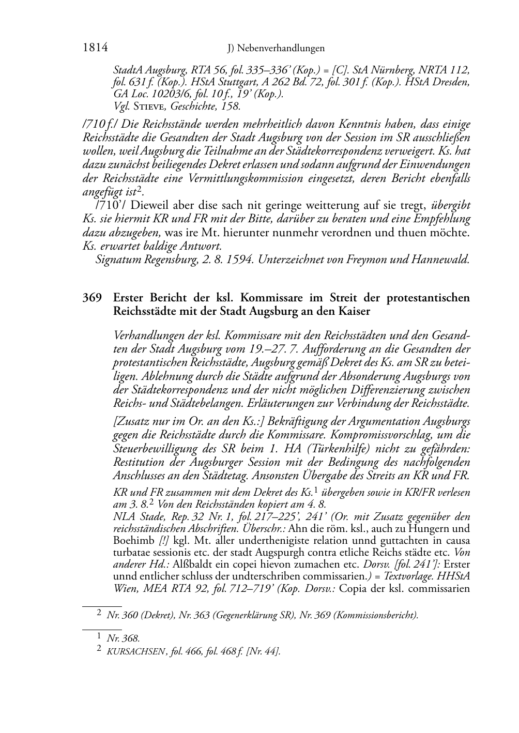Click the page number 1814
coord(95,48)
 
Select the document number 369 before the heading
coord(91,298)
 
